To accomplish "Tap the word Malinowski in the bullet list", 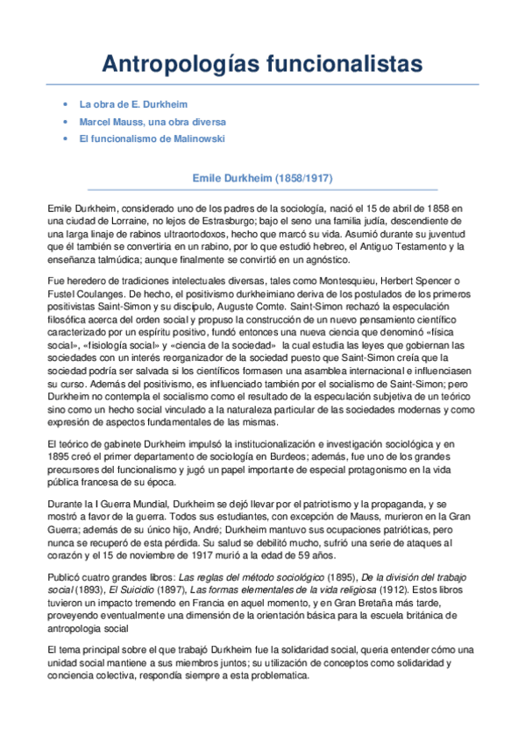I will tap(197, 138).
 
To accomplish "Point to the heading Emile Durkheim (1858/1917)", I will tap(262, 178).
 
